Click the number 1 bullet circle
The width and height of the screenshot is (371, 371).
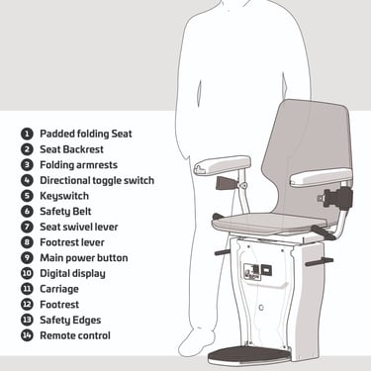(x=27, y=134)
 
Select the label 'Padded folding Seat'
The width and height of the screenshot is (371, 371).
(x=86, y=134)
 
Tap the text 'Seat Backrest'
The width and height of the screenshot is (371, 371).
(x=71, y=149)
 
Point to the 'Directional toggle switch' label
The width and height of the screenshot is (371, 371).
(x=97, y=180)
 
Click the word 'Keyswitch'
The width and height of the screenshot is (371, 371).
(x=64, y=196)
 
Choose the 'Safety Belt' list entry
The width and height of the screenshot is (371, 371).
(x=65, y=212)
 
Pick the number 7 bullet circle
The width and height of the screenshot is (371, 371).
(x=27, y=227)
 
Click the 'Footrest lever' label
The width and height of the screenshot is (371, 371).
(x=72, y=242)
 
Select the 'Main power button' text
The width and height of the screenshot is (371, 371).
(x=84, y=258)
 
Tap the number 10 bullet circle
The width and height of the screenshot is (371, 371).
(x=27, y=273)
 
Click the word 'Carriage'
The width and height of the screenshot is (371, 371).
(x=59, y=289)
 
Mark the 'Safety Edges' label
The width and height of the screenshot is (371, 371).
(x=70, y=320)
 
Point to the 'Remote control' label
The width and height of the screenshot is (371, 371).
(x=75, y=335)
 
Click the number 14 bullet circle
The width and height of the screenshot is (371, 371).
(x=27, y=335)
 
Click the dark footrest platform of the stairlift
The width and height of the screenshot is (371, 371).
(x=249, y=355)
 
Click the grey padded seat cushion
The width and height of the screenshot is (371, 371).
(x=270, y=223)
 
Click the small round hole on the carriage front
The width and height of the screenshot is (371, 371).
(x=261, y=308)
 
